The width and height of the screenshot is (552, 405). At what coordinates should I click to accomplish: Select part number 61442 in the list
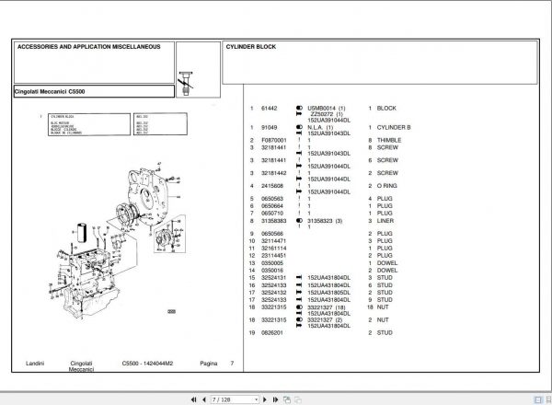270,109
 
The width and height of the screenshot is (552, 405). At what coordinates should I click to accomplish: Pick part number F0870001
274,139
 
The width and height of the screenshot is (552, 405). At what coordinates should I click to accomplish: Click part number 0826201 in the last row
272,332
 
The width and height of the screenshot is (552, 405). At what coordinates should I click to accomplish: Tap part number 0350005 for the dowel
272,262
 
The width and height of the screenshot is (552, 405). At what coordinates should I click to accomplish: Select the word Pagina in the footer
208,364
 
